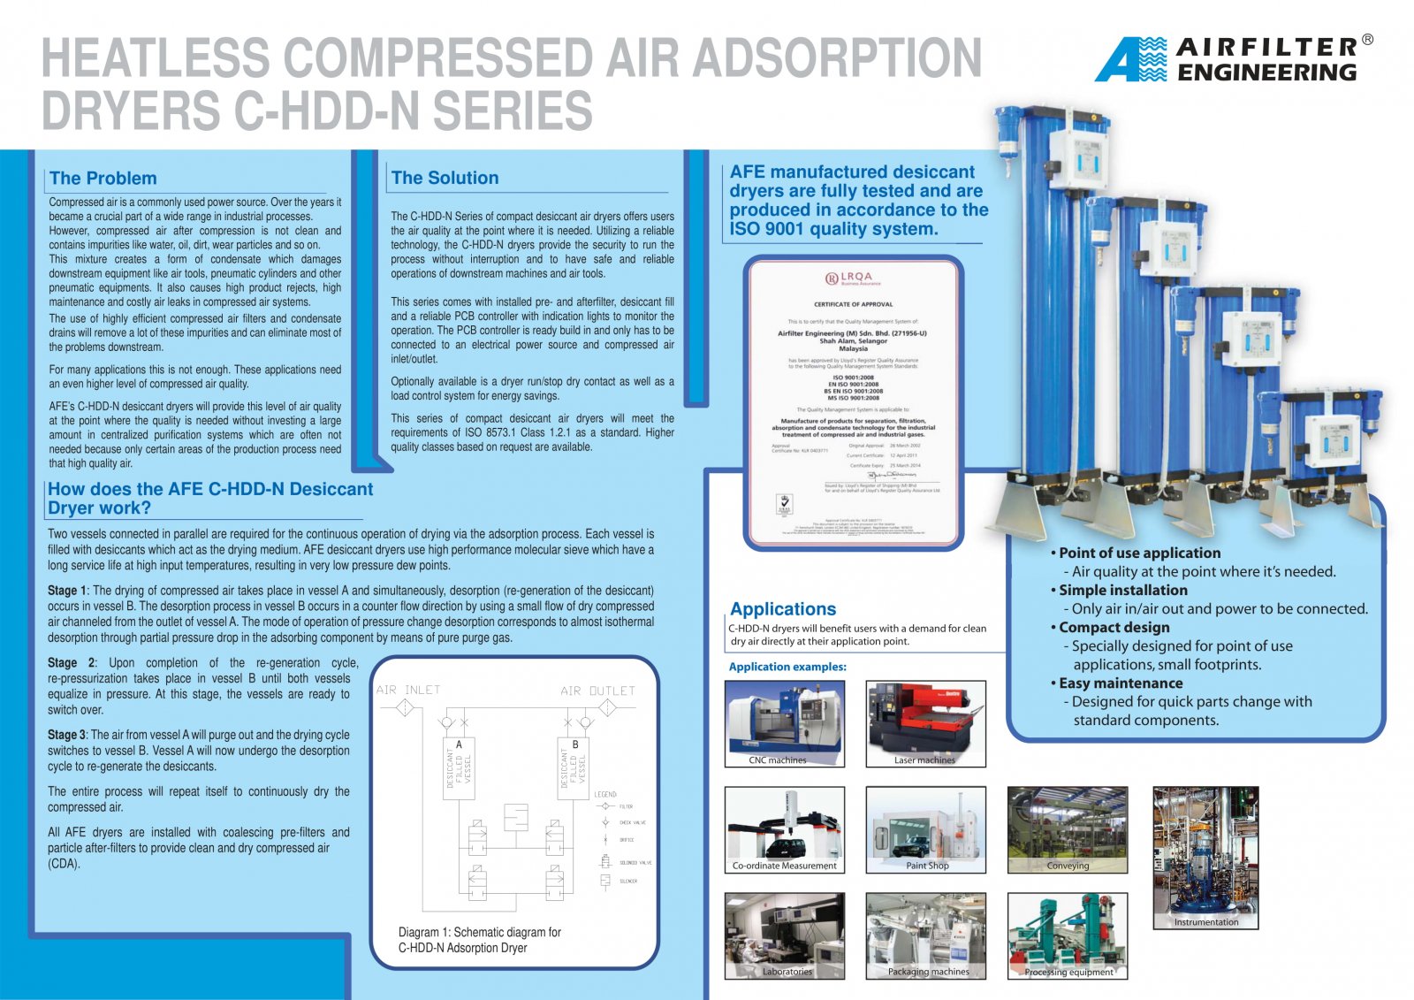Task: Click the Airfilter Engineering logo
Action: point(1233,59)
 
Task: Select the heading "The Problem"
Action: point(103,179)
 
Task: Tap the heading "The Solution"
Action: point(445,178)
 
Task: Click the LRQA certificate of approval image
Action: point(853,402)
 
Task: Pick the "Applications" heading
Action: point(782,609)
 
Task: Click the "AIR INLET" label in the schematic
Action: point(408,690)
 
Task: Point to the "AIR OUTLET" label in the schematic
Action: point(597,691)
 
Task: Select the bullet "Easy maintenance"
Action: point(1120,683)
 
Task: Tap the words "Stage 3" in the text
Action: point(67,735)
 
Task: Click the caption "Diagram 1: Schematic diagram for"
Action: point(479,932)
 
